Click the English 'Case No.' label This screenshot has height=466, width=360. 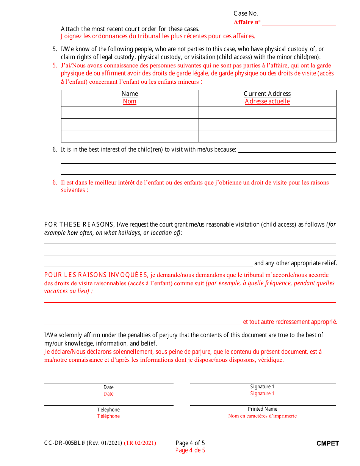246,14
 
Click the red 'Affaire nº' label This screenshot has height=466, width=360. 247,22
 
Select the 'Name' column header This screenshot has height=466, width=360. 130,94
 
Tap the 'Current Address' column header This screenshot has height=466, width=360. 267,94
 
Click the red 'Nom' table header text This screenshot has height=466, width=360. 130,102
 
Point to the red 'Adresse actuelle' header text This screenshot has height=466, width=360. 267,102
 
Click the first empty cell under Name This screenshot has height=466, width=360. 130,113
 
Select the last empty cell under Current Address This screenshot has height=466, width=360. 267,136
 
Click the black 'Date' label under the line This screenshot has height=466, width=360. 108,387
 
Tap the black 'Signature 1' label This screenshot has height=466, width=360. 262,386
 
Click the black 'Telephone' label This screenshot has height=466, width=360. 108,410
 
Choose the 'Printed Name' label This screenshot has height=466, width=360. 262,409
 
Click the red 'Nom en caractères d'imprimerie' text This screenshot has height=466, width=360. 262,416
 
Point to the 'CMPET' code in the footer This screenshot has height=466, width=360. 328,443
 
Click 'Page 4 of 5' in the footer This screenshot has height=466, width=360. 190,443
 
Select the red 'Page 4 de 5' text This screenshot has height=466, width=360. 190,450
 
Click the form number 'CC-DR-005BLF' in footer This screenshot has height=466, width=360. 64,443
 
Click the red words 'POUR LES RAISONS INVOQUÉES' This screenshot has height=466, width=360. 96,275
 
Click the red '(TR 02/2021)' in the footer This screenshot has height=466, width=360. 140,443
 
